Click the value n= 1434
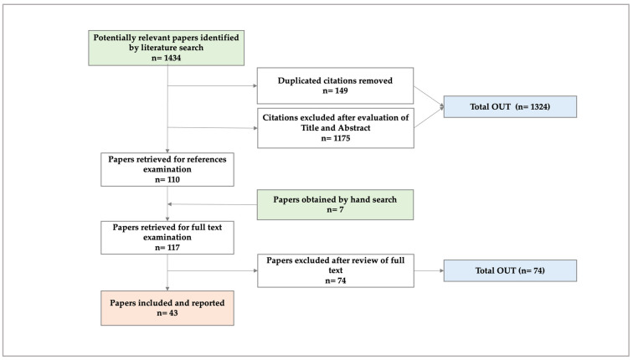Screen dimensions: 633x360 point(167,58)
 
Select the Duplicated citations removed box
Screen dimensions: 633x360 point(335,85)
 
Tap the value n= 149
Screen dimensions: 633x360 point(335,90)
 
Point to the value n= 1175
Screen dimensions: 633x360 point(336,138)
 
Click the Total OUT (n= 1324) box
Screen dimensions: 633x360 point(510,106)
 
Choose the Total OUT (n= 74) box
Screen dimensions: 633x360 point(510,270)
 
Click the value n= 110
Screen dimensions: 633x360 point(167,180)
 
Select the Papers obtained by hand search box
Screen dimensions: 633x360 point(335,204)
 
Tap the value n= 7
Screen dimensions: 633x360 point(335,209)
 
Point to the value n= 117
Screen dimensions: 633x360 point(167,248)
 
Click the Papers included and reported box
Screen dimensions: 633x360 point(167,308)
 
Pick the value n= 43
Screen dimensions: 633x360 point(167,313)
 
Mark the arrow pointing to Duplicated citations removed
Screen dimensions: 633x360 point(213,85)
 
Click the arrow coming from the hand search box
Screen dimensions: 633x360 point(213,204)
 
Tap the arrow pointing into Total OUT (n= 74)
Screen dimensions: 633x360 point(429,270)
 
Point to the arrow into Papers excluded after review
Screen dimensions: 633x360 point(213,270)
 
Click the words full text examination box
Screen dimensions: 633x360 point(167,237)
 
